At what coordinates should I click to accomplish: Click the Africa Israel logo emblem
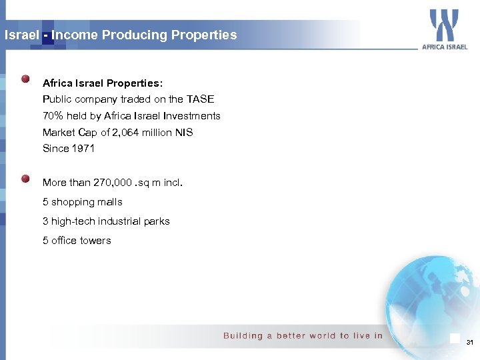point(444,25)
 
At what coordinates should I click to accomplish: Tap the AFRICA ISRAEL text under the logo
point(445,47)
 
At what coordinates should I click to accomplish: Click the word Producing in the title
point(128,35)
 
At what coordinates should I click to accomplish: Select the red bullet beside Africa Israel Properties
point(25,79)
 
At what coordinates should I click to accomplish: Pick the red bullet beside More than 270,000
point(25,179)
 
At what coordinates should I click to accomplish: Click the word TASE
point(200,99)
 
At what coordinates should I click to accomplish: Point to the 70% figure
point(53,116)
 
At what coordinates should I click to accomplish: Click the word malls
point(109,202)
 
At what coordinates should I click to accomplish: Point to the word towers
point(95,241)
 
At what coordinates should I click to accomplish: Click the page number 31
point(469,343)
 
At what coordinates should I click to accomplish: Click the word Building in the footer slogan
point(243,335)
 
